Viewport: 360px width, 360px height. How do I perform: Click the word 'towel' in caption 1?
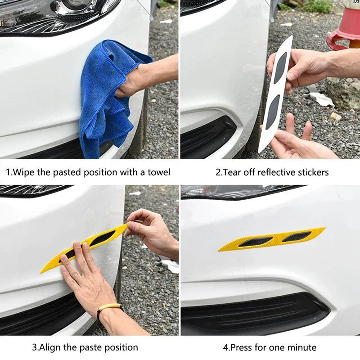click(x=159, y=172)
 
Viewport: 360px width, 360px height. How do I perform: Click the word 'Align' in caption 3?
click(x=50, y=347)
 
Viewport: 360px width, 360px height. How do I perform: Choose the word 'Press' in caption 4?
click(x=241, y=347)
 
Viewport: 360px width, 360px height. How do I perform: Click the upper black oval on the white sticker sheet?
click(x=280, y=68)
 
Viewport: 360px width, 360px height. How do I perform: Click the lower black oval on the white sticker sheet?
click(x=273, y=112)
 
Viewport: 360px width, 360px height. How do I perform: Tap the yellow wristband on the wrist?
click(x=109, y=307)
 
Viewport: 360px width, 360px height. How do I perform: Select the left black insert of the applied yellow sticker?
click(x=255, y=242)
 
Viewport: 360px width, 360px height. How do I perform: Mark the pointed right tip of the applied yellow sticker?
click(x=325, y=228)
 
